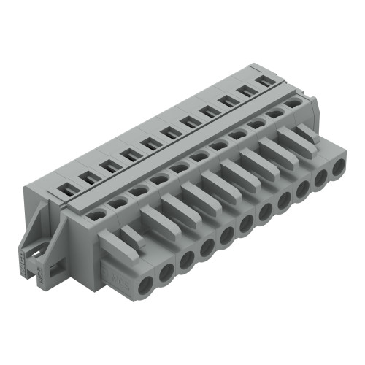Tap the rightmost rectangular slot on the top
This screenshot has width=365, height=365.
[x=267, y=81]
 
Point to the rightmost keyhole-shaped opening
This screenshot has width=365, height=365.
[x=293, y=104]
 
